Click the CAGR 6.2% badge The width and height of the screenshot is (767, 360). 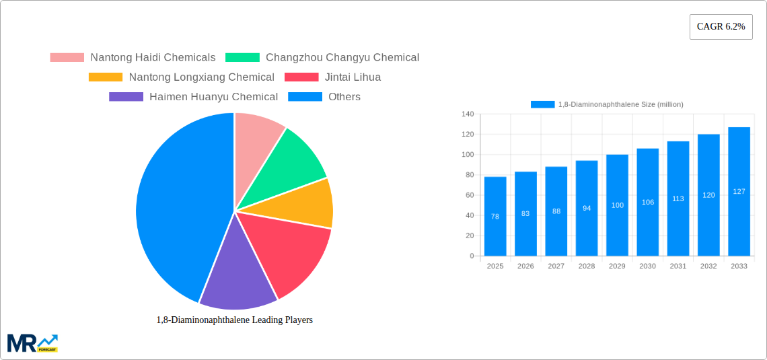click(x=721, y=27)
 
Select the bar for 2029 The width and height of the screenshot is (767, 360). click(x=617, y=205)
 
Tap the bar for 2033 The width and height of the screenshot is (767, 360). click(x=739, y=192)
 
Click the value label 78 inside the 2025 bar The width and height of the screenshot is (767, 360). click(x=495, y=217)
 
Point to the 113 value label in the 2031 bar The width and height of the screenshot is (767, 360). click(x=678, y=199)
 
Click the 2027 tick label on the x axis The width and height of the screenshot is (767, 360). click(x=556, y=266)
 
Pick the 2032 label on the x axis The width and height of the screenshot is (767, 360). click(x=708, y=266)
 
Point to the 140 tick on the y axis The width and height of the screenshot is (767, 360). click(x=468, y=114)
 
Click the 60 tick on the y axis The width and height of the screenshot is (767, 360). click(x=469, y=195)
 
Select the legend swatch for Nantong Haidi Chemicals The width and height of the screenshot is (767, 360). click(x=67, y=58)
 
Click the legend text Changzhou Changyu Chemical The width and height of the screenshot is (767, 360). click(x=342, y=58)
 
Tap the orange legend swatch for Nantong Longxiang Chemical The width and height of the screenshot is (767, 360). click(x=106, y=77)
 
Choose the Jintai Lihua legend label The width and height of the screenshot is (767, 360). click(x=353, y=77)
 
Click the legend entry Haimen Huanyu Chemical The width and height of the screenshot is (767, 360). click(x=213, y=97)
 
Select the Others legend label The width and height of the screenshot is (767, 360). click(x=344, y=97)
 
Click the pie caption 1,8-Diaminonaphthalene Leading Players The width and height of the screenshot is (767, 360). click(x=234, y=320)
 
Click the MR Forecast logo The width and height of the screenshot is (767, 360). click(x=32, y=343)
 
